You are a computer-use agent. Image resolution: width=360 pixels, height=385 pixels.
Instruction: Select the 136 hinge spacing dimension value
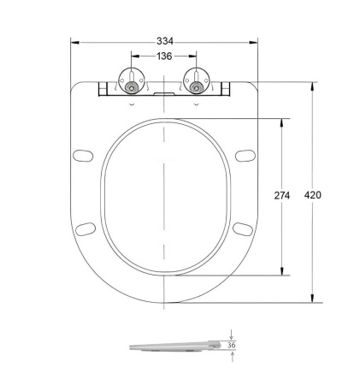163,56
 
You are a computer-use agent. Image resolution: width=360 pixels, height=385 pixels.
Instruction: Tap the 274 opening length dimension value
282,196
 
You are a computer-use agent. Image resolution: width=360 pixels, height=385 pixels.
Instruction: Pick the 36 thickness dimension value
231,346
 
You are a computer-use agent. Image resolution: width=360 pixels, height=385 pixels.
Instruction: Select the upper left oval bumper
84,156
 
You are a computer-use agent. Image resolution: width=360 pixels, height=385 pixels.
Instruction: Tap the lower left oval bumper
85,228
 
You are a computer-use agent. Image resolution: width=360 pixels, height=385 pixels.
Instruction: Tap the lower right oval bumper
243,228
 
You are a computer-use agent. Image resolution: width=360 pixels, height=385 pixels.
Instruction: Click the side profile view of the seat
175,346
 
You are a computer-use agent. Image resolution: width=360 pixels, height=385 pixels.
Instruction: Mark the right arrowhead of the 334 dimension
254,41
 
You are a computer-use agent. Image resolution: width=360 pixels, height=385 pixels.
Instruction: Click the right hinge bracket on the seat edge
225,87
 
